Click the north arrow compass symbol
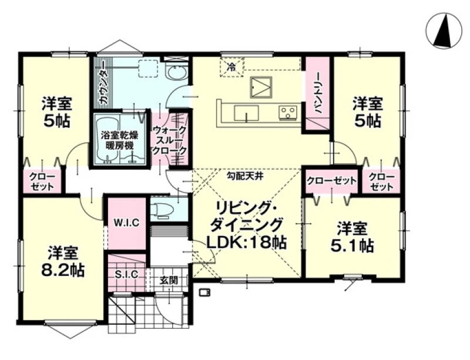[x=444, y=31]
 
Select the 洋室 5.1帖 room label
[x=352, y=237]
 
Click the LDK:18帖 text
[x=246, y=242]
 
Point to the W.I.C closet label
[x=126, y=223]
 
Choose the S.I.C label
[x=127, y=274]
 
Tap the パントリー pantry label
[x=318, y=93]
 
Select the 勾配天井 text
[x=244, y=176]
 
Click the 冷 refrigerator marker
[x=231, y=67]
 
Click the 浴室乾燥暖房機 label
[x=119, y=140]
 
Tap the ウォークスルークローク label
[x=169, y=140]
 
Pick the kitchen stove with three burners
[x=288, y=112]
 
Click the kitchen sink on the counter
[x=246, y=113]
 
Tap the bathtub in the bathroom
[x=107, y=139]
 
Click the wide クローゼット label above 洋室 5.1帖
[x=331, y=181]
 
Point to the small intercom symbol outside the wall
[x=205, y=292]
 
